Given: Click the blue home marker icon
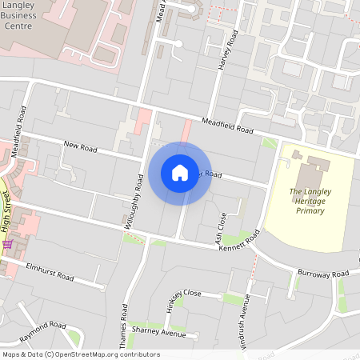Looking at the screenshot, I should click(180, 173).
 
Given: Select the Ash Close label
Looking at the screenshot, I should click(221, 227).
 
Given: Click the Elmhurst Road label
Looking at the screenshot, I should click(50, 272).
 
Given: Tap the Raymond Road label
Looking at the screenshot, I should click(43, 327).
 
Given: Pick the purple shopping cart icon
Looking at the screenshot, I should click(7, 243).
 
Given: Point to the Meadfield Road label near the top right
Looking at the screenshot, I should click(227, 125).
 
